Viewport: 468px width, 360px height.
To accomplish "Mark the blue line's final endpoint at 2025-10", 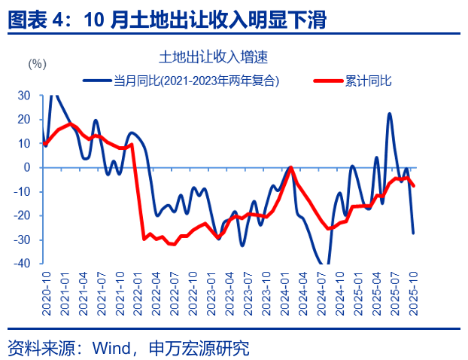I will click(x=413, y=233).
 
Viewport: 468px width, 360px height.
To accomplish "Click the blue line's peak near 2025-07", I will click(x=389, y=114).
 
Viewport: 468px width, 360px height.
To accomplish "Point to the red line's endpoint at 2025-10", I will click(x=414, y=186).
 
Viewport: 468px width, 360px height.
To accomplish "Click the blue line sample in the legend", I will click(x=98, y=79).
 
